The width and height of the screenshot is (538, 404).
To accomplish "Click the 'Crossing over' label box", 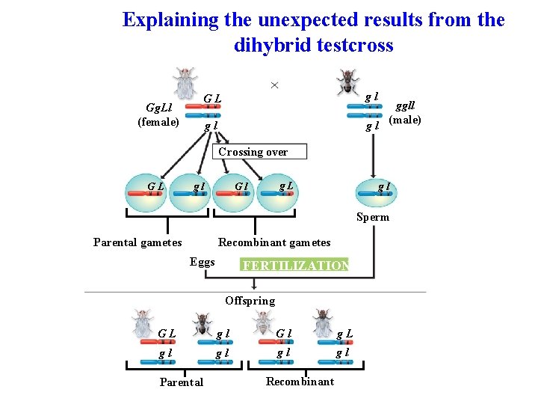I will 253,152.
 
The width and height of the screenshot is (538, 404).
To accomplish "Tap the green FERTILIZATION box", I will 294,266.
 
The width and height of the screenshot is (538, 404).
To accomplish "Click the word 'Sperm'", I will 372,217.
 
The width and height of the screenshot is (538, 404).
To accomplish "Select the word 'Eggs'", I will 202,262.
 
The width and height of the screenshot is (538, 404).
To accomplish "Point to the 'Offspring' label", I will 250,301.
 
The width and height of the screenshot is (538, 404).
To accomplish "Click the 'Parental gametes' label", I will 137,242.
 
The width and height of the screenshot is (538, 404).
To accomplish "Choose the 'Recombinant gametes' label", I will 273,242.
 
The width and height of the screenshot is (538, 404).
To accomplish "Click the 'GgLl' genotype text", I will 158,108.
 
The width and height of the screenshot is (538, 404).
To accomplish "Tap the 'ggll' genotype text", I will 405,107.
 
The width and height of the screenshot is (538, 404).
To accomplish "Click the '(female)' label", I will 158,122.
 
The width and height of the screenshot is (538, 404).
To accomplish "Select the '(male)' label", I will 405,120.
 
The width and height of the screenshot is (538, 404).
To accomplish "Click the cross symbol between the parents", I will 274,85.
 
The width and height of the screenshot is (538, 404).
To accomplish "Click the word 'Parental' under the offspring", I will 182,382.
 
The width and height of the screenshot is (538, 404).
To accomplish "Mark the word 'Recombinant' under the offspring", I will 300,382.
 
